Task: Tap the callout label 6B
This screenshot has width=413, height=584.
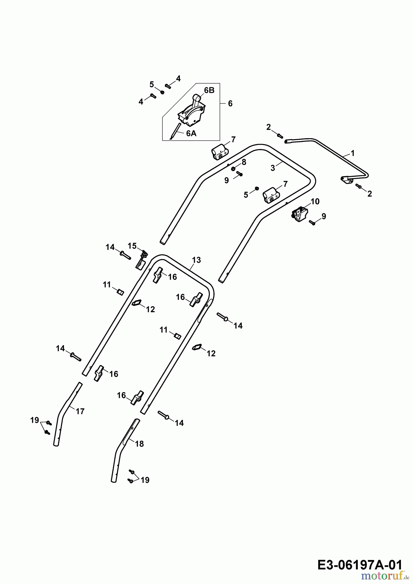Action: tap(209, 91)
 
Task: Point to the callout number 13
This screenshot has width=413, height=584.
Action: tap(196, 260)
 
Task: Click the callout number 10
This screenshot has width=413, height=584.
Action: tap(315, 201)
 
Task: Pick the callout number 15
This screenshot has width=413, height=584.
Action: tap(132, 246)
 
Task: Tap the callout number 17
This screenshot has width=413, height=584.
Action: tap(80, 411)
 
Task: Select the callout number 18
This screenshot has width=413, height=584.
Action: tap(139, 444)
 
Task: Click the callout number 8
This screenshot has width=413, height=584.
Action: tap(244, 162)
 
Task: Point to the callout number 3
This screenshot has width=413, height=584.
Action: tap(273, 168)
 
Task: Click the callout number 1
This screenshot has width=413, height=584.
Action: tap(353, 153)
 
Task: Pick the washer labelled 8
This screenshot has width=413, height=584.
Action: tap(233, 169)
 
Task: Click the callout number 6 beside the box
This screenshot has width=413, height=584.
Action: tap(230, 103)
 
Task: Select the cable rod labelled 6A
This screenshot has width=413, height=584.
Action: tap(175, 131)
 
